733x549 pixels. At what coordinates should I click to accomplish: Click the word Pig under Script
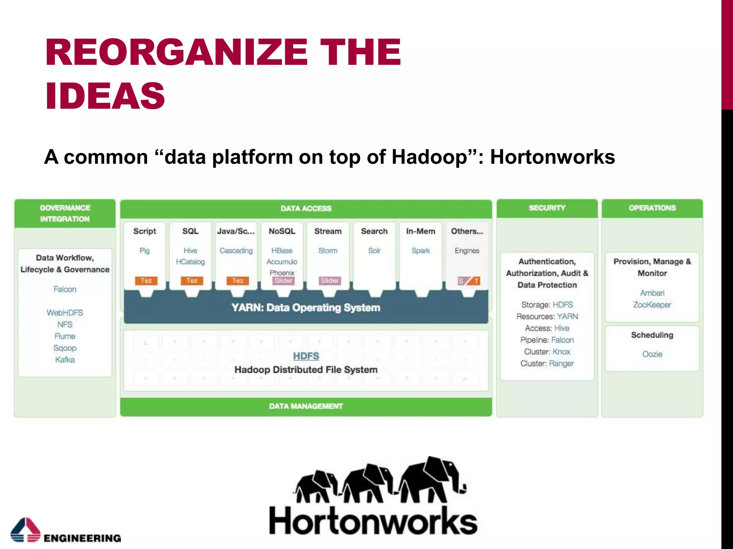[x=145, y=251]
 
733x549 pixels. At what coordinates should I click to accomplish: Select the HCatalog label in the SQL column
[x=190, y=262]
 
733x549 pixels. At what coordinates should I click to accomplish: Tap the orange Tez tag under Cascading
[x=237, y=281]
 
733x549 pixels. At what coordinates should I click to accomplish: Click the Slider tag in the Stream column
[x=329, y=281]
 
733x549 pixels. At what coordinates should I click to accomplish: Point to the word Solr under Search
[x=374, y=251]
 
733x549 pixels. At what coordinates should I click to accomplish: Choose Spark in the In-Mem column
[x=421, y=251]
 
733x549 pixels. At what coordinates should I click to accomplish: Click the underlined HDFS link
[x=306, y=356]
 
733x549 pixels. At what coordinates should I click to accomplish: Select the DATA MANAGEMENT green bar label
[x=306, y=406]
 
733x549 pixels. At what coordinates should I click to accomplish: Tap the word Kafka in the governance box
[x=65, y=360]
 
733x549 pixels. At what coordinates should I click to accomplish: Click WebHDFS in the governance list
[x=65, y=313]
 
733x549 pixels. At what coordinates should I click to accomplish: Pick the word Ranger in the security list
[x=561, y=363]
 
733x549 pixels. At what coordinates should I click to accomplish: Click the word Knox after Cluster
[x=561, y=352]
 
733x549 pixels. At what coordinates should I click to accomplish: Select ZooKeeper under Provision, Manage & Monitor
[x=652, y=305]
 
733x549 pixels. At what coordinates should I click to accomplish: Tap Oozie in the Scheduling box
[x=652, y=354]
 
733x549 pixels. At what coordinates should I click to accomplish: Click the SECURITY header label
[x=547, y=208]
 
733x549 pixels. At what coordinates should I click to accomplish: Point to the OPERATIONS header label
[x=652, y=208]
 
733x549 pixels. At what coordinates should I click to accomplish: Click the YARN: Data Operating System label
[x=306, y=308]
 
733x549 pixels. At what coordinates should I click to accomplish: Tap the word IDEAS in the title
[x=105, y=95]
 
